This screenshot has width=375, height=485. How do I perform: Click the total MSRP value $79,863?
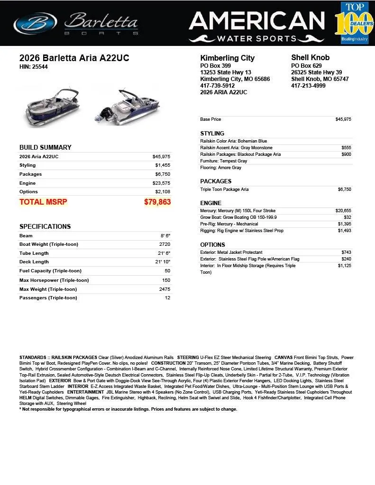click(x=157, y=202)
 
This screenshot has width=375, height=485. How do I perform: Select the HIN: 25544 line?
click(x=33, y=67)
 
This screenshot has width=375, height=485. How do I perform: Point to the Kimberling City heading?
click(x=228, y=58)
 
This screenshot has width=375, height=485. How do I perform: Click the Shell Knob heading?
click(x=310, y=58)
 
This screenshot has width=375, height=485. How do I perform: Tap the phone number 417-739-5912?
click(x=218, y=86)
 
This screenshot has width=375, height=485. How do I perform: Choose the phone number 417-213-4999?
click(x=308, y=86)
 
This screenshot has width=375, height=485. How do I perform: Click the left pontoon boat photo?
click(x=52, y=107)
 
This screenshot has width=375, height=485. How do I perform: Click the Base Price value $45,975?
click(x=343, y=119)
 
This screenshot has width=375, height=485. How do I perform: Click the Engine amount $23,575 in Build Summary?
click(x=161, y=183)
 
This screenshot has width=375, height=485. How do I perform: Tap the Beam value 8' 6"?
click(x=165, y=235)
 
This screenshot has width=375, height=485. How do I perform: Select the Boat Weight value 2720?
click(x=165, y=244)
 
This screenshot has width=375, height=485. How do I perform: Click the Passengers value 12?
click(x=167, y=298)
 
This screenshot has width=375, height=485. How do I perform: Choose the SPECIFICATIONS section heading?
click(x=45, y=226)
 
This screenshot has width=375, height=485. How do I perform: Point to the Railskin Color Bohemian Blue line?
click(x=234, y=141)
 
